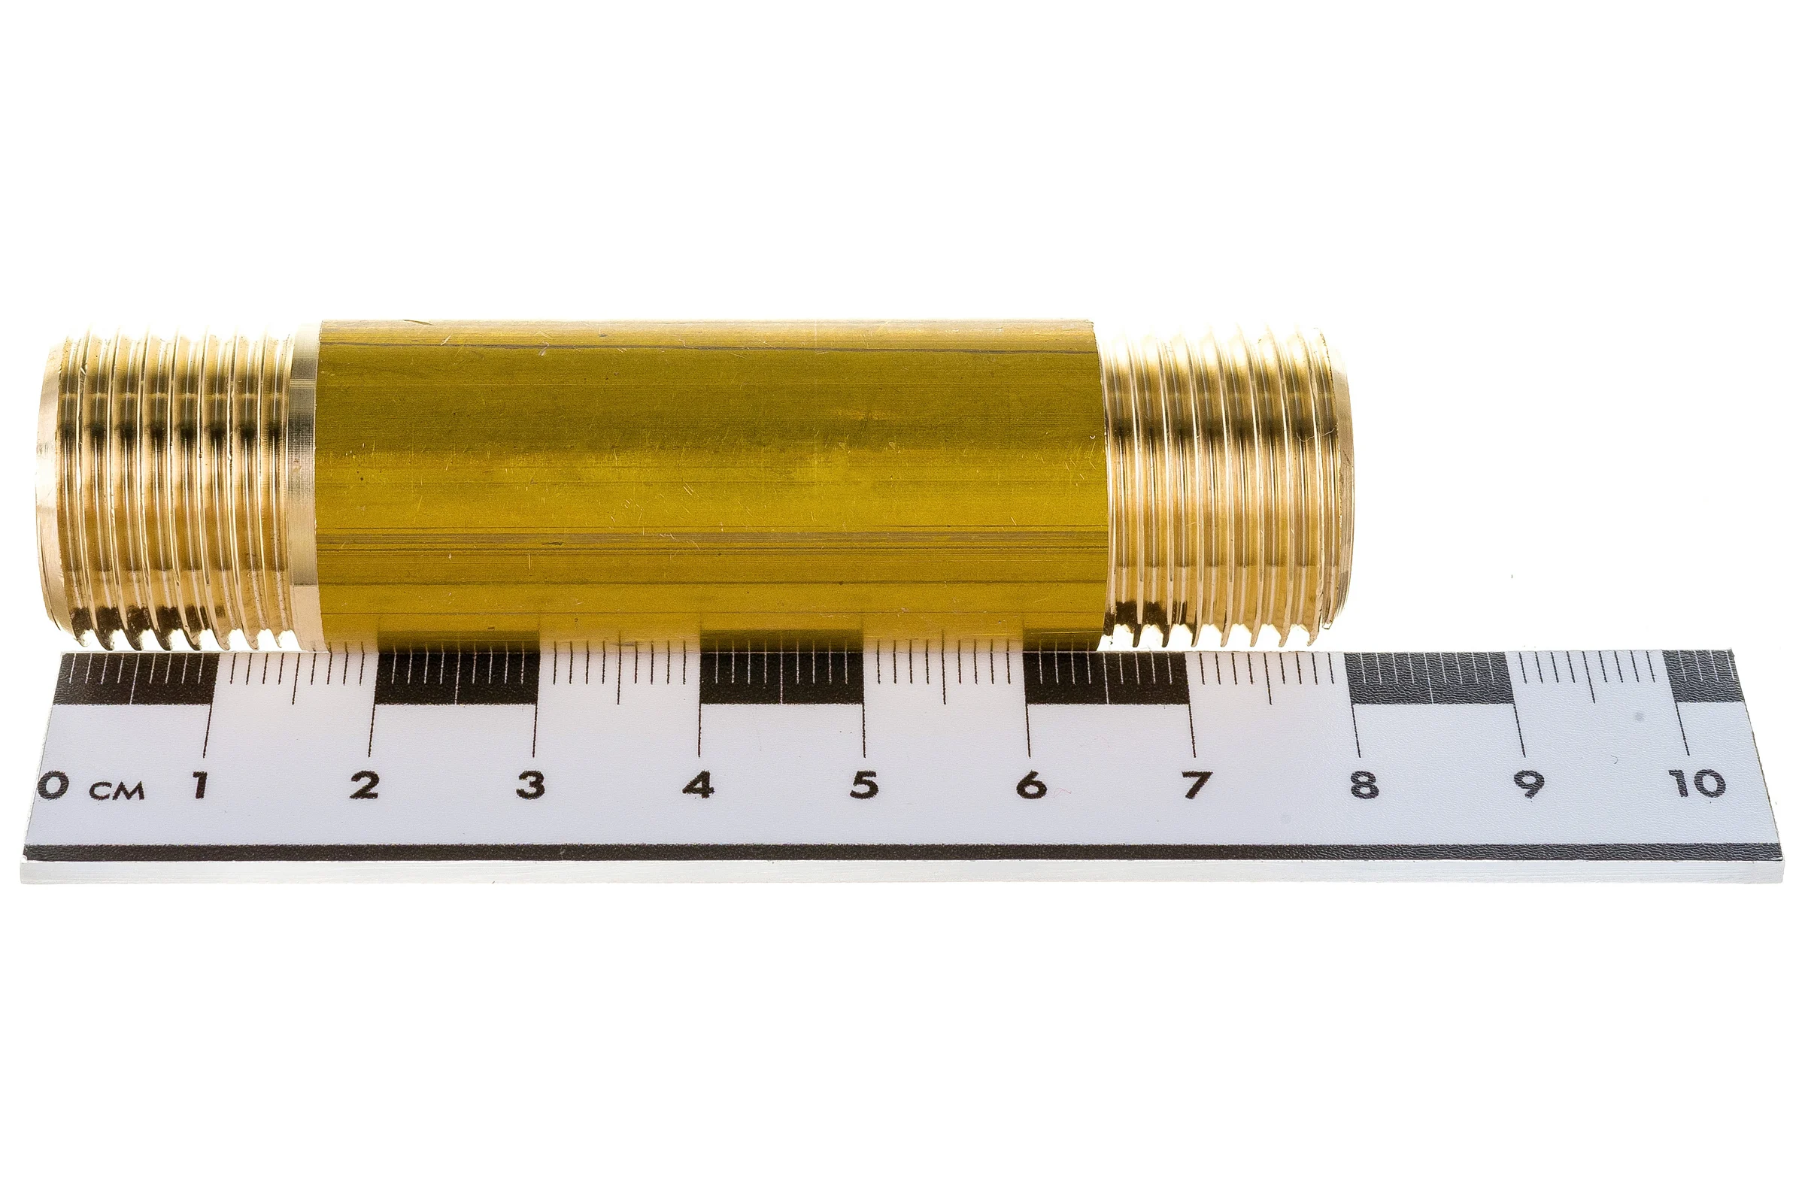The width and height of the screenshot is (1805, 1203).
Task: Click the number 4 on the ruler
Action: pyautogui.click(x=698, y=785)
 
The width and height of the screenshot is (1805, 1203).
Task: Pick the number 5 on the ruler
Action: pyautogui.click(x=864, y=785)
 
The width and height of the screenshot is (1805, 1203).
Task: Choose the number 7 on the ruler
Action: pyautogui.click(x=1195, y=785)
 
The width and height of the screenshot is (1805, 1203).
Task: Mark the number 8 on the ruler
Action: pyautogui.click(x=1363, y=785)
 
